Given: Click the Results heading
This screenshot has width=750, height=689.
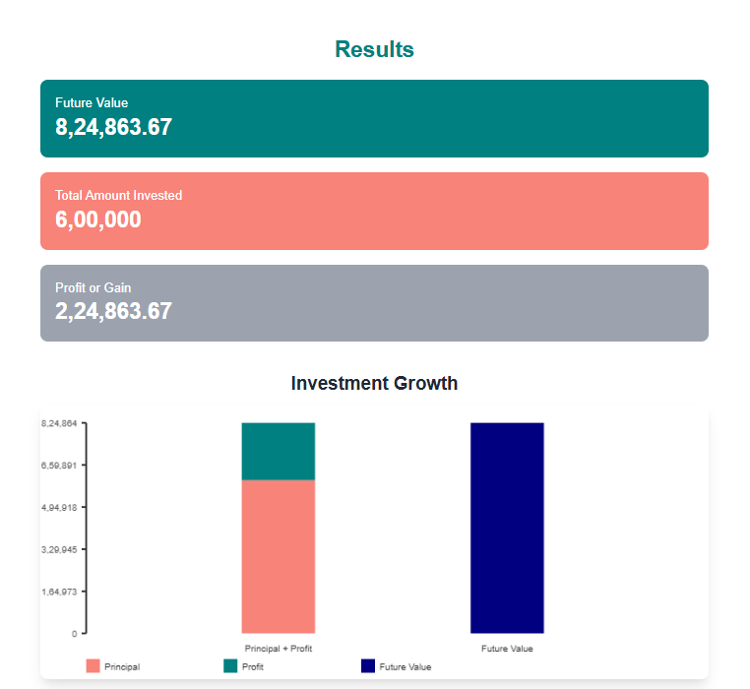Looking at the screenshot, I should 374,49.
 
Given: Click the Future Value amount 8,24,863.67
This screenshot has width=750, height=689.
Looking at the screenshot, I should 113,127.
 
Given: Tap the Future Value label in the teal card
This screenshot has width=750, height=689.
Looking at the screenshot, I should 92,102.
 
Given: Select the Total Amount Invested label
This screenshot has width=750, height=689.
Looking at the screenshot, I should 118,195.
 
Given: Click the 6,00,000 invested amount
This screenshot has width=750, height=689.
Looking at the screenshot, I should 97,219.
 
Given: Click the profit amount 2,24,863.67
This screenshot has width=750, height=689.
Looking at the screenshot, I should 113,312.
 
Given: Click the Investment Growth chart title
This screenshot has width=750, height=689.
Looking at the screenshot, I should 374,383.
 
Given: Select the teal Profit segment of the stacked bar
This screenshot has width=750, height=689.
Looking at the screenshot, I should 279,451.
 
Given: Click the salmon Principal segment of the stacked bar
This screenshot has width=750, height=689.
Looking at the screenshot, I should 279,556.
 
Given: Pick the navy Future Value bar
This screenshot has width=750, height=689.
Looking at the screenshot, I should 507,528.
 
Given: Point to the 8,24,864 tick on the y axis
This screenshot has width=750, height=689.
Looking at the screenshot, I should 59,423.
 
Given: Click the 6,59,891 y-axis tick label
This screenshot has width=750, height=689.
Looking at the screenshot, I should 59,465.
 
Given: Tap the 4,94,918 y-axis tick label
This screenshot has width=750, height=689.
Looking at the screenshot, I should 59,507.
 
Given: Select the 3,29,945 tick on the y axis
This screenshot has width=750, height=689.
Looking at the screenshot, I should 59,549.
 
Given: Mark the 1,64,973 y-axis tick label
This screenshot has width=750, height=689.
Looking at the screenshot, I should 59,592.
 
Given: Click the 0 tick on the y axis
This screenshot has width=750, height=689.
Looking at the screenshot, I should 74,634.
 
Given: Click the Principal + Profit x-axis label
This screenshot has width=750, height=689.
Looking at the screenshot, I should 279,649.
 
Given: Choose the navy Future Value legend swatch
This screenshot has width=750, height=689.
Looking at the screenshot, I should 368,666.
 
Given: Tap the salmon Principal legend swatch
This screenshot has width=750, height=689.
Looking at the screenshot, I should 94,666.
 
